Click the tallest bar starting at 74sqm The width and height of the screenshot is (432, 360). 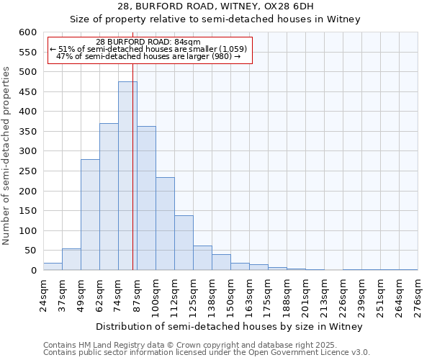(127, 176)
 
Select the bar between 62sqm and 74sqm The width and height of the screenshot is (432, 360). (109, 197)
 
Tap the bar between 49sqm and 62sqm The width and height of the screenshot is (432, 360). (90, 215)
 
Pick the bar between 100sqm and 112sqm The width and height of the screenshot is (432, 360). (165, 224)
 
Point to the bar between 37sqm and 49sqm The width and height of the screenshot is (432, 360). (71, 259)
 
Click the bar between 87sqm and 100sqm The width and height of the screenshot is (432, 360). (146, 198)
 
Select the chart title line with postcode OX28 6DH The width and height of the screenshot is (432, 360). (215, 6)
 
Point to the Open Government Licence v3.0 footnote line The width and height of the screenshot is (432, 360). (207, 353)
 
